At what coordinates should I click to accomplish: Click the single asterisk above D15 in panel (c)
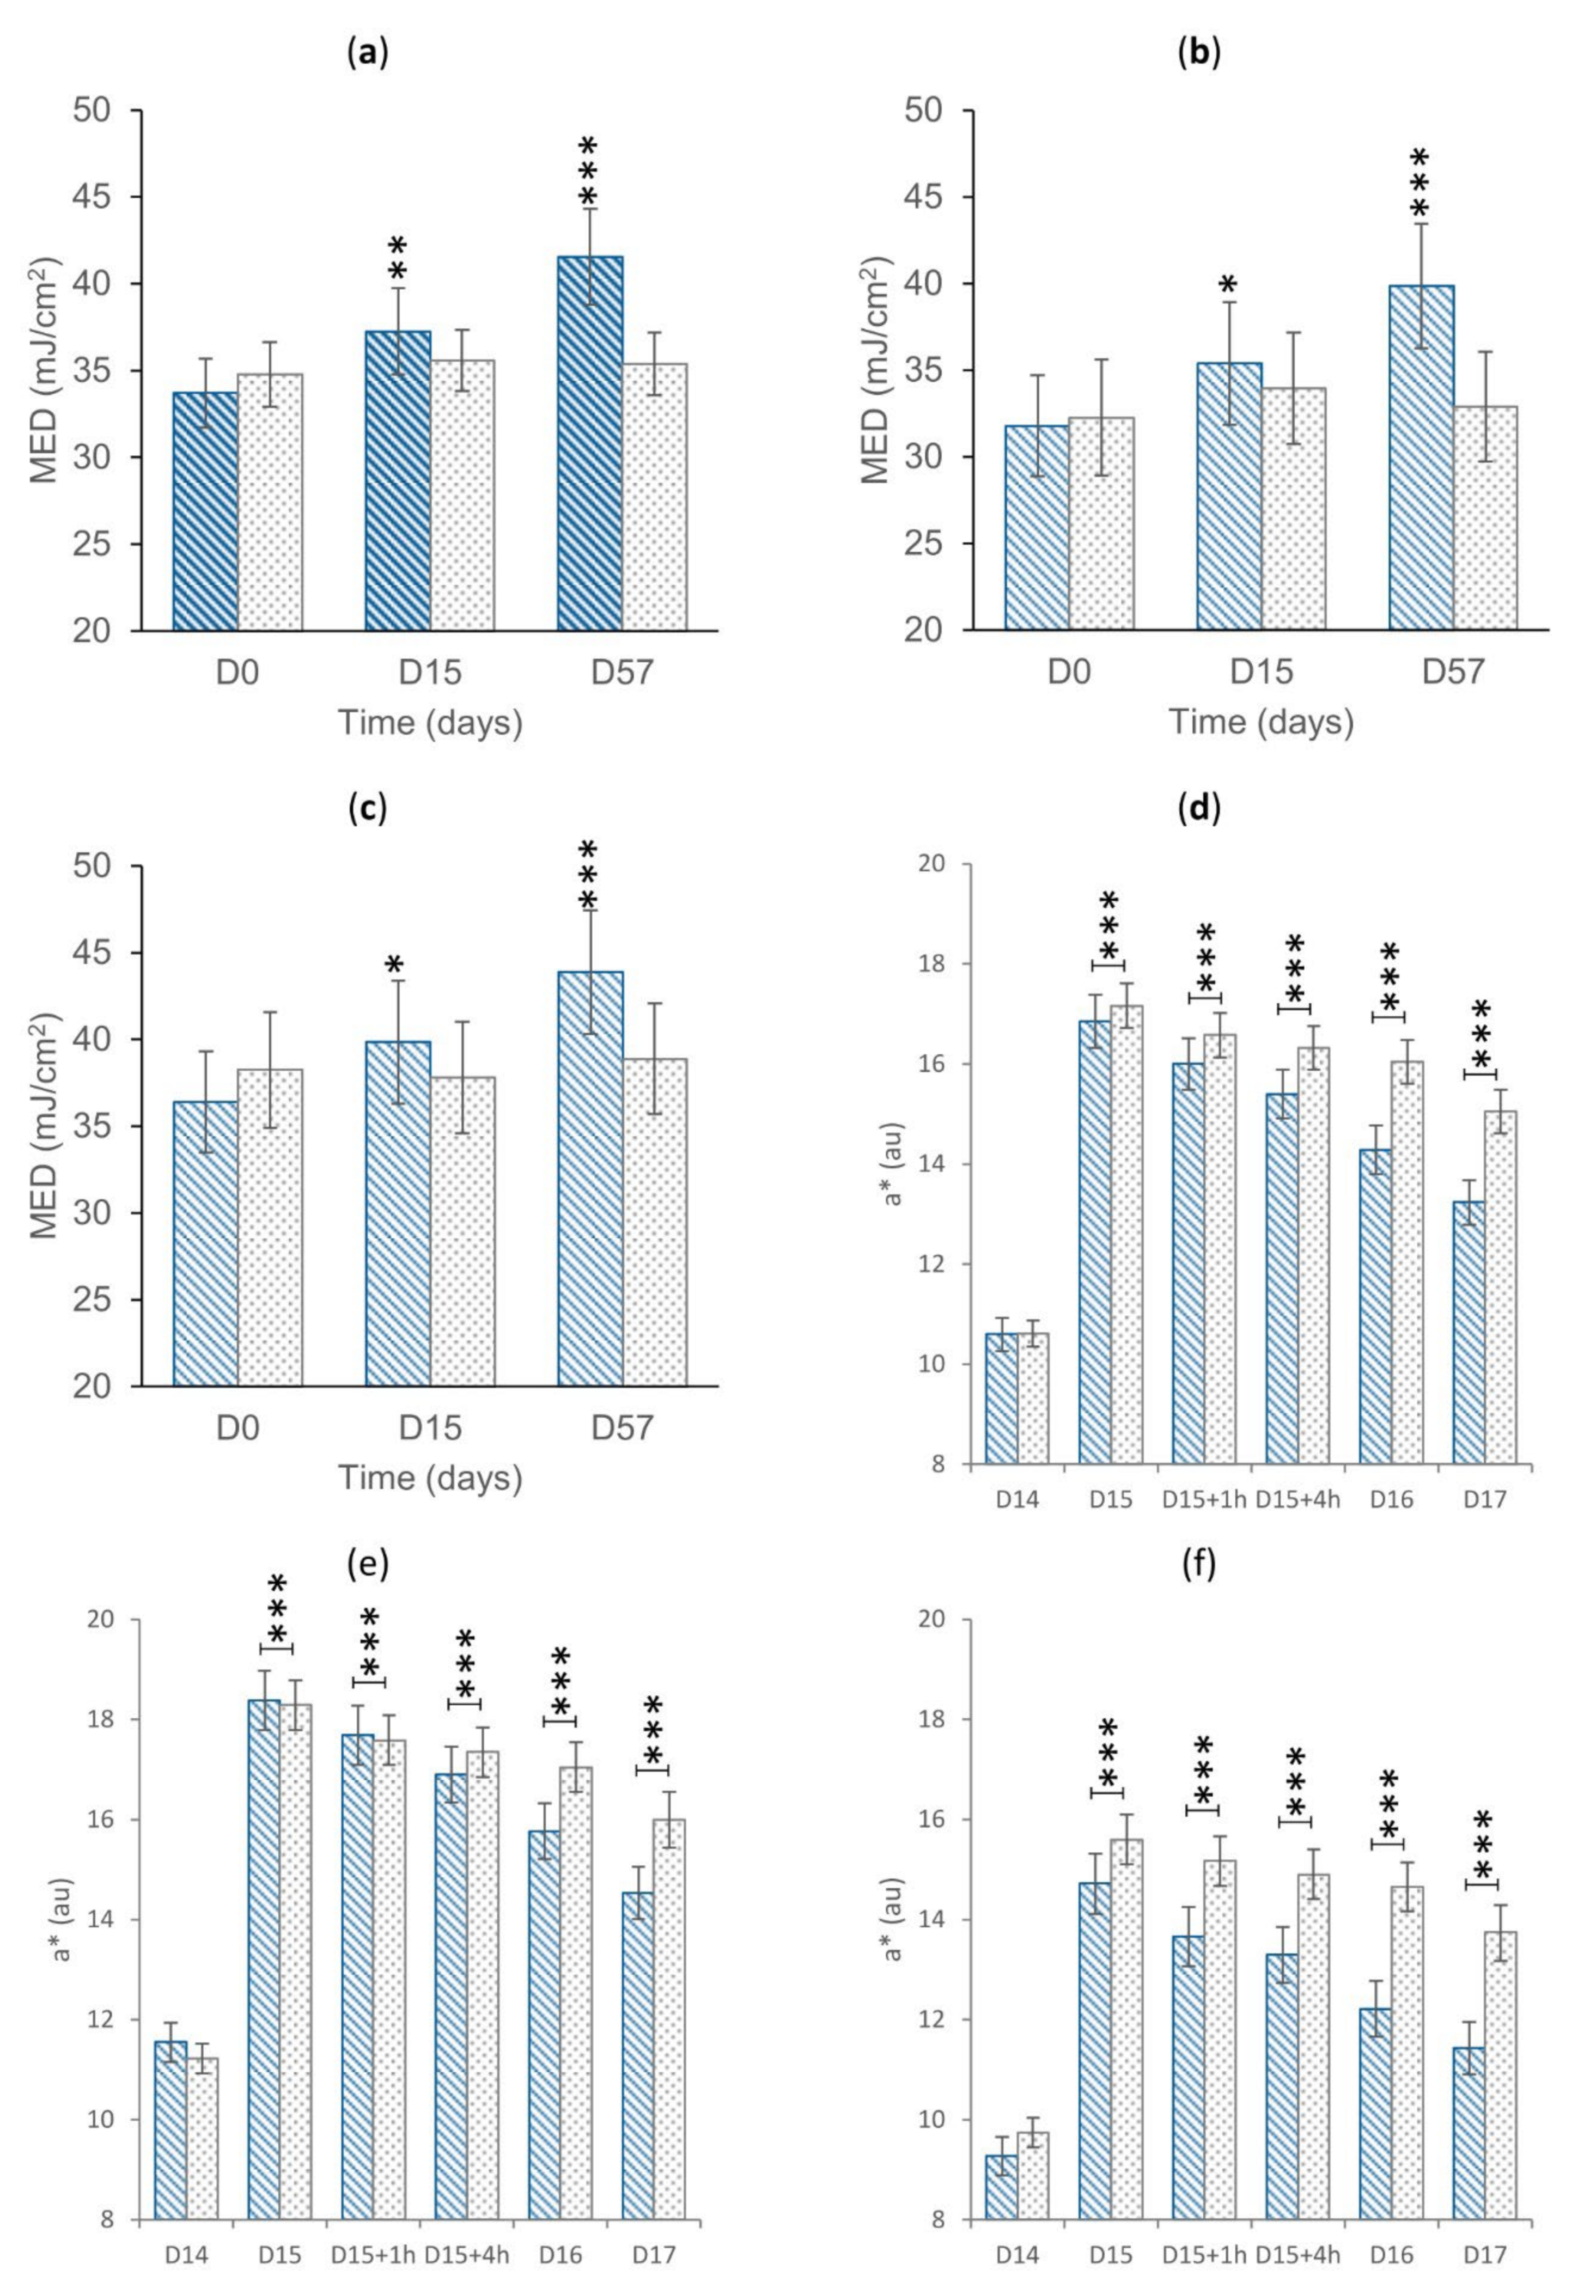pyautogui.click(x=395, y=967)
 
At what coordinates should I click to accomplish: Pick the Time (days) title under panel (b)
pyautogui.click(x=1260, y=722)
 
